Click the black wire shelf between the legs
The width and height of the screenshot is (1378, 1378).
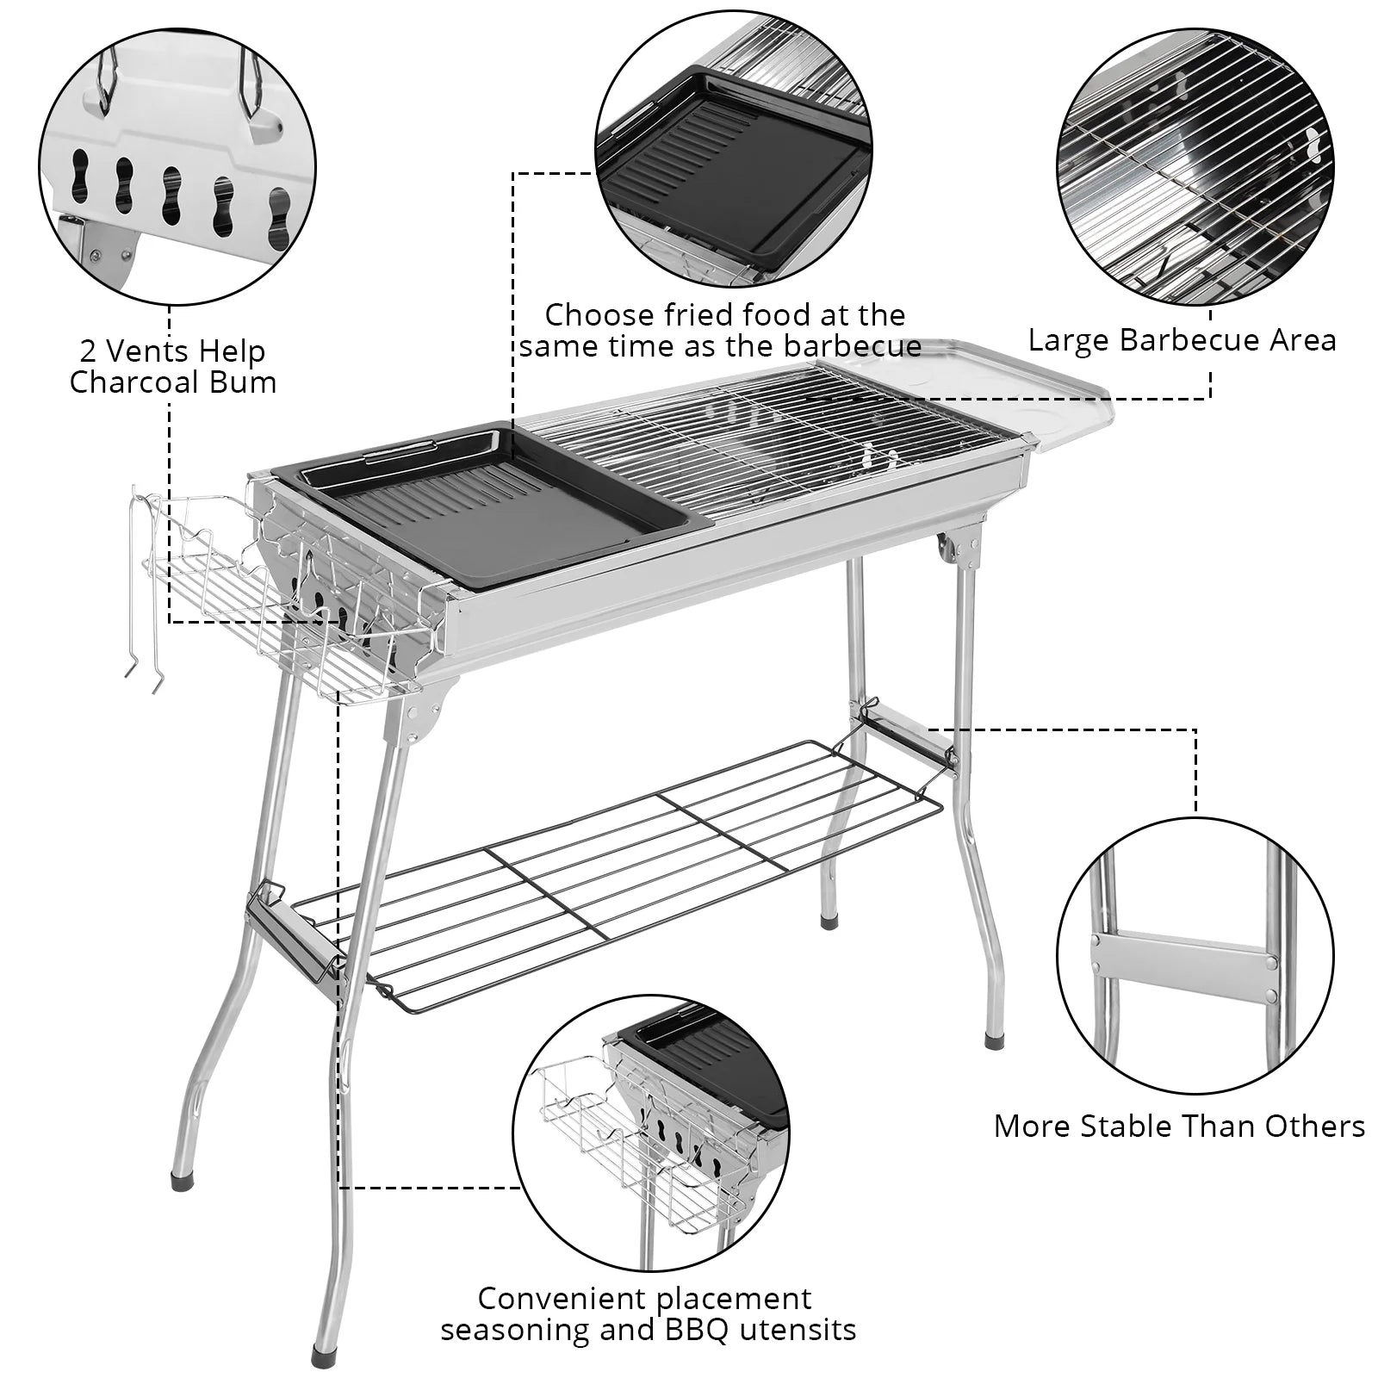coord(620,870)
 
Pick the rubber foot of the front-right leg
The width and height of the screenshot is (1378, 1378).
coord(995,1040)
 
